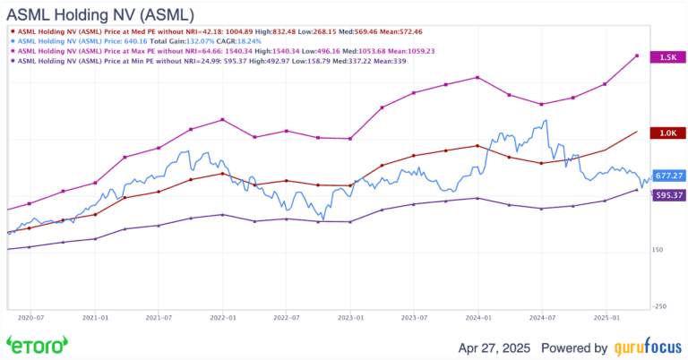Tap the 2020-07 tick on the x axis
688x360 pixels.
[x=30, y=316]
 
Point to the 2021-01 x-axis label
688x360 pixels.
[x=95, y=316]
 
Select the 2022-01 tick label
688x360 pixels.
[x=222, y=316]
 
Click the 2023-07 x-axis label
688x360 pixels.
[x=414, y=316]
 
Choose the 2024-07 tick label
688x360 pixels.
[x=542, y=316]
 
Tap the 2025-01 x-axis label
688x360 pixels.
[x=606, y=316]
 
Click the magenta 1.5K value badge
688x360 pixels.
[x=668, y=56]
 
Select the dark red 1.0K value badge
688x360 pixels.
[x=668, y=133]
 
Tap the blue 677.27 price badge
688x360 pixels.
[x=669, y=176]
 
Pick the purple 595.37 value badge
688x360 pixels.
[x=669, y=195]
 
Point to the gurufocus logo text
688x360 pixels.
[x=645, y=347]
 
